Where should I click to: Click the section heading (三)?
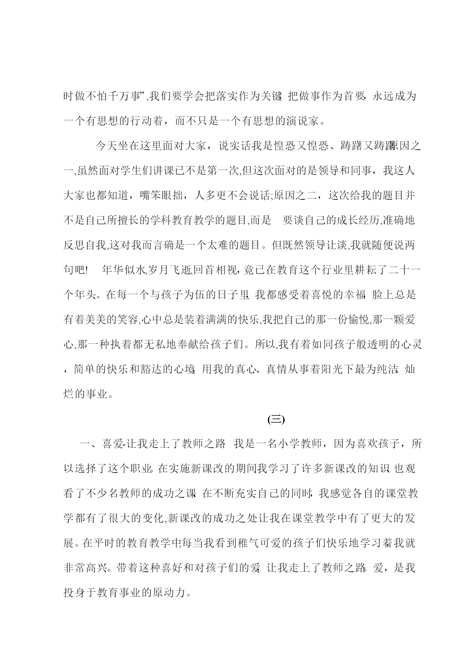point(276,419)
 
